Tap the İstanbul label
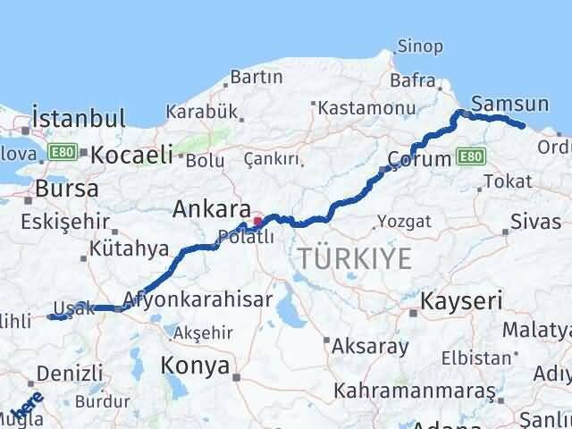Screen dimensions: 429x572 click(x=78, y=118)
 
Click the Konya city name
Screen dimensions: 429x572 click(x=195, y=365)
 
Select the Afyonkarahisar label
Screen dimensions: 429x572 click(x=198, y=300)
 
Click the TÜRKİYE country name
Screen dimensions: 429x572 click(x=355, y=259)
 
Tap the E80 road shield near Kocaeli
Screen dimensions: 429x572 click(x=63, y=152)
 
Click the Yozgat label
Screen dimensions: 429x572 click(x=398, y=220)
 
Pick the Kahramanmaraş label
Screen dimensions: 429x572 click(x=414, y=391)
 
